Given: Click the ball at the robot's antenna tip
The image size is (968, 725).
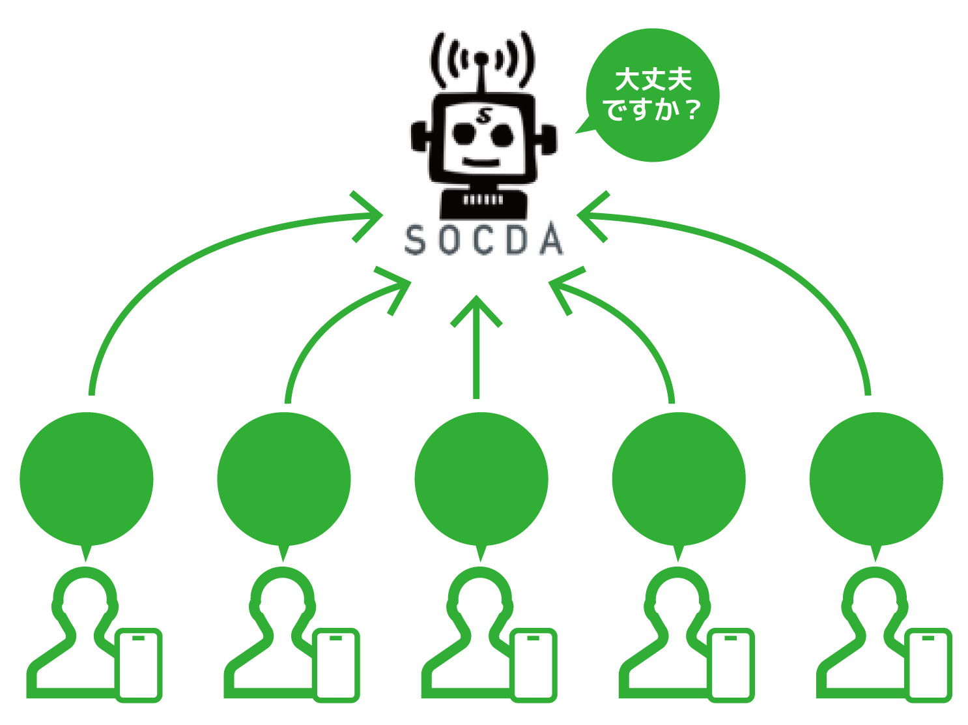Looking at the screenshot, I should click(481, 59).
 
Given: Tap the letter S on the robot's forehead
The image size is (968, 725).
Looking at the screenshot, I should click(483, 116).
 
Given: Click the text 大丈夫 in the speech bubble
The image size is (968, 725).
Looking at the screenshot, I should click(653, 80).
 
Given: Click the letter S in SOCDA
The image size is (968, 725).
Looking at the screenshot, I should click(416, 241).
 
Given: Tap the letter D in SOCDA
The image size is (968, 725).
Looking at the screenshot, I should click(517, 241).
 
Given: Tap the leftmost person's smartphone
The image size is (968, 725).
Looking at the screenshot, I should click(138, 665).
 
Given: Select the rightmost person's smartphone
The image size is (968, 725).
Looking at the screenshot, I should click(929, 665).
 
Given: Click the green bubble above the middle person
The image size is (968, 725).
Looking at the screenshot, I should click(481, 479).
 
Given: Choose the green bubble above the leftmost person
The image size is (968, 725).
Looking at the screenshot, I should click(87, 479).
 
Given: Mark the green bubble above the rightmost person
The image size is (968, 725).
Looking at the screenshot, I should click(876, 479).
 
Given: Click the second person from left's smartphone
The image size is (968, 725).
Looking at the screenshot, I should click(336, 665).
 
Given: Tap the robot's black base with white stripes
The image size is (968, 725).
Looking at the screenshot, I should click(483, 203).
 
